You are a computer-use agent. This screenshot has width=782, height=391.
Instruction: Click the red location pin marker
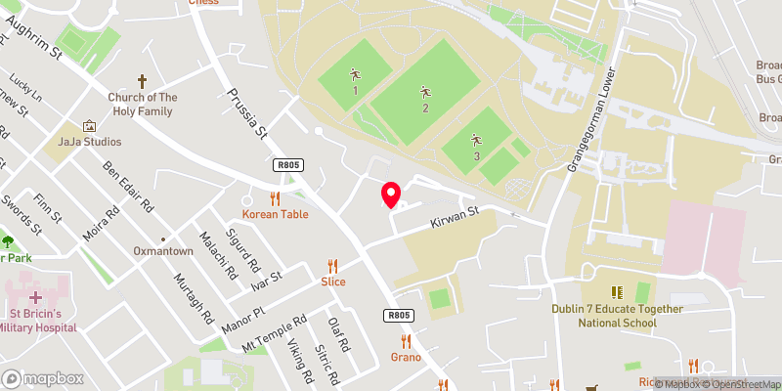pos(391,195)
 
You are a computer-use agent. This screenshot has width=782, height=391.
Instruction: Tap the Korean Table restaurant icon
pos(275,197)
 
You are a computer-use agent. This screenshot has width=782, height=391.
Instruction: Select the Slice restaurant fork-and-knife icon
pos(333,265)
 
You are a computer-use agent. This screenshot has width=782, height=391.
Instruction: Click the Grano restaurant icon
pos(406,340)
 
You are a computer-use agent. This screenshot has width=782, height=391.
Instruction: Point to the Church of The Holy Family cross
pos(142,81)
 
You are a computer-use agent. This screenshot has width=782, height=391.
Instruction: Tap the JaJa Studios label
pos(89,142)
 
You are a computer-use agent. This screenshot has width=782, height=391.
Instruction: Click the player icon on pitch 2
pos(425,93)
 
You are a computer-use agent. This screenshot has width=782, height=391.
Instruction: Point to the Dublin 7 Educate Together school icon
pos(617,292)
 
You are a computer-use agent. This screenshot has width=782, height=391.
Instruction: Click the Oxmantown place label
pos(163,251)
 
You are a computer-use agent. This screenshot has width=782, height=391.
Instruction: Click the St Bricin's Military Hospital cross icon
pos(36,296)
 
